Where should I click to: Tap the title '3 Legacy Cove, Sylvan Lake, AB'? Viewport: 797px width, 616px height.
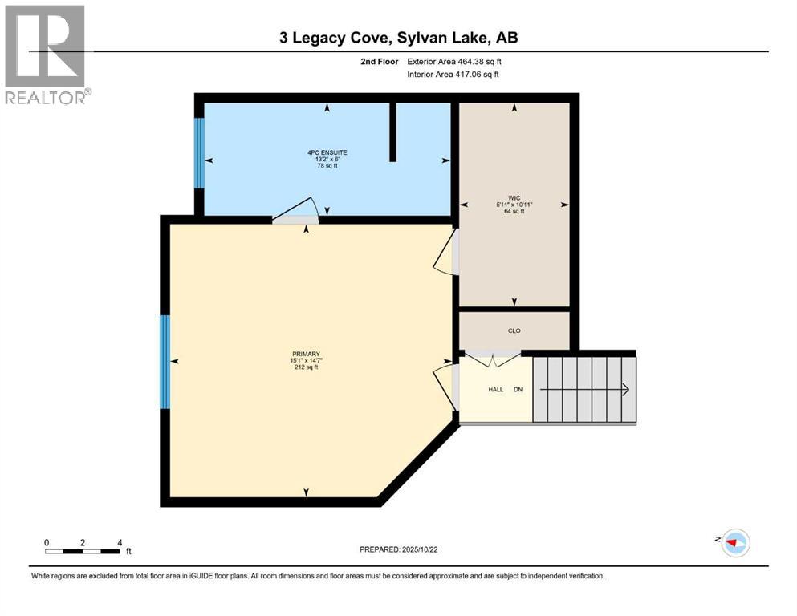(398, 38)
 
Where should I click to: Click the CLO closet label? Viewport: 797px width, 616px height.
(514, 330)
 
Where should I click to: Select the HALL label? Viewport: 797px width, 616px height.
(496, 389)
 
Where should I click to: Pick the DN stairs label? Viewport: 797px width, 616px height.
(518, 389)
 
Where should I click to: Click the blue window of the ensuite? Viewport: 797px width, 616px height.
(199, 153)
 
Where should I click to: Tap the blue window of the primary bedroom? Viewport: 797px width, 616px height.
(165, 361)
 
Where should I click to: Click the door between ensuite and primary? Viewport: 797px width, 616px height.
(296, 211)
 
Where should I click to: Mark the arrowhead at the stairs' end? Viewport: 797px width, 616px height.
(624, 389)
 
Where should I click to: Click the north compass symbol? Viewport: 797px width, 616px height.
(734, 542)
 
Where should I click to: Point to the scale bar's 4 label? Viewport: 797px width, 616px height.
(120, 542)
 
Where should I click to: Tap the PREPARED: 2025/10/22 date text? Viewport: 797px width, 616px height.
(399, 549)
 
